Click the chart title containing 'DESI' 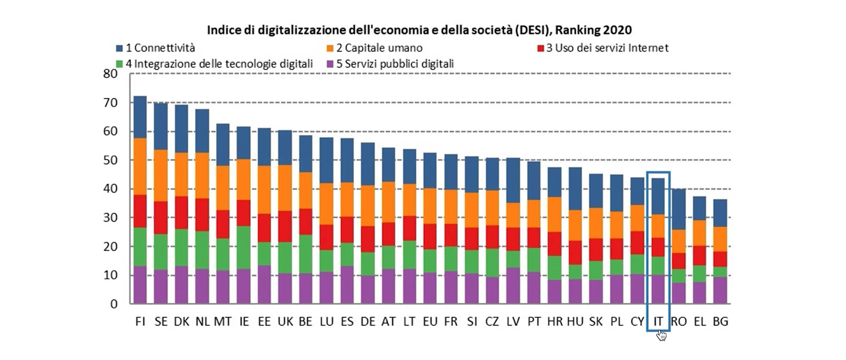419,30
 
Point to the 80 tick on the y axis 111,74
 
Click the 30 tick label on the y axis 111,218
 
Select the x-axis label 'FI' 140,322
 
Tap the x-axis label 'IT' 658,322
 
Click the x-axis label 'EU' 430,322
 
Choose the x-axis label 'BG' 720,322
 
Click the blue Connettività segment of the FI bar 140,117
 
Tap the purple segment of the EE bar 264,284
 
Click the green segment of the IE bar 244,248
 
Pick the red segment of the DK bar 182,212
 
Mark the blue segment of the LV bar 513,180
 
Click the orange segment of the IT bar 658,226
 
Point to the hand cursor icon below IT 661,336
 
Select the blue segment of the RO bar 679,209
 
